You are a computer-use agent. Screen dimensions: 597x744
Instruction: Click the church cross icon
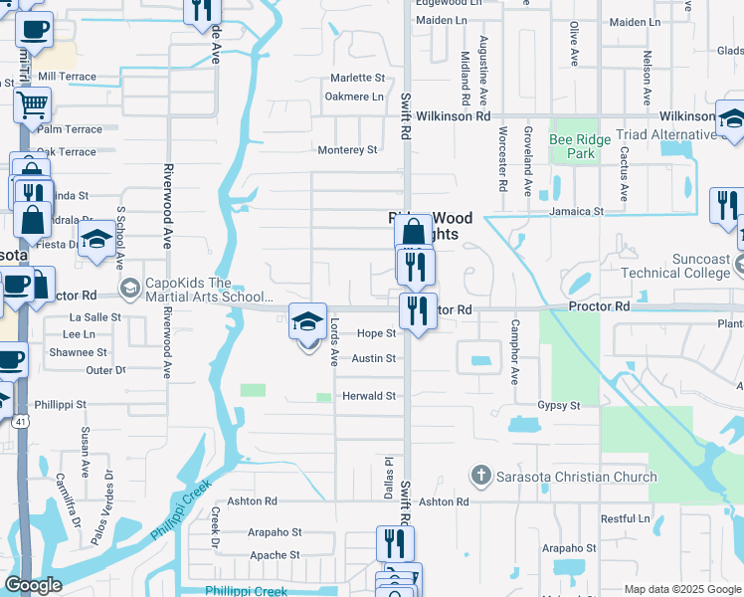(x=481, y=476)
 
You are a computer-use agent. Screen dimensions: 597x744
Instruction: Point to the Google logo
(x=33, y=585)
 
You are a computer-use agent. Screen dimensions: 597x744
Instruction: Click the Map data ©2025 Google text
(x=681, y=589)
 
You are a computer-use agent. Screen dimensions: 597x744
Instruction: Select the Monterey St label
(x=347, y=150)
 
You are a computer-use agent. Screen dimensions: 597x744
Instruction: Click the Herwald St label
(x=370, y=396)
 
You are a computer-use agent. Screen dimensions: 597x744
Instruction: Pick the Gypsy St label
(x=558, y=406)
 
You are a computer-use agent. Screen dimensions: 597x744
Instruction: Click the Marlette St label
(x=357, y=78)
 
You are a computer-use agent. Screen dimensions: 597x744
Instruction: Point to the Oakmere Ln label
(x=354, y=97)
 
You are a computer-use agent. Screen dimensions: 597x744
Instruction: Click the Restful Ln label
(x=625, y=518)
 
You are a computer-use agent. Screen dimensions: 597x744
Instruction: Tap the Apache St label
(x=275, y=555)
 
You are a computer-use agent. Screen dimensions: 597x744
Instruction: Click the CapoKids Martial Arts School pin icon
(x=129, y=289)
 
